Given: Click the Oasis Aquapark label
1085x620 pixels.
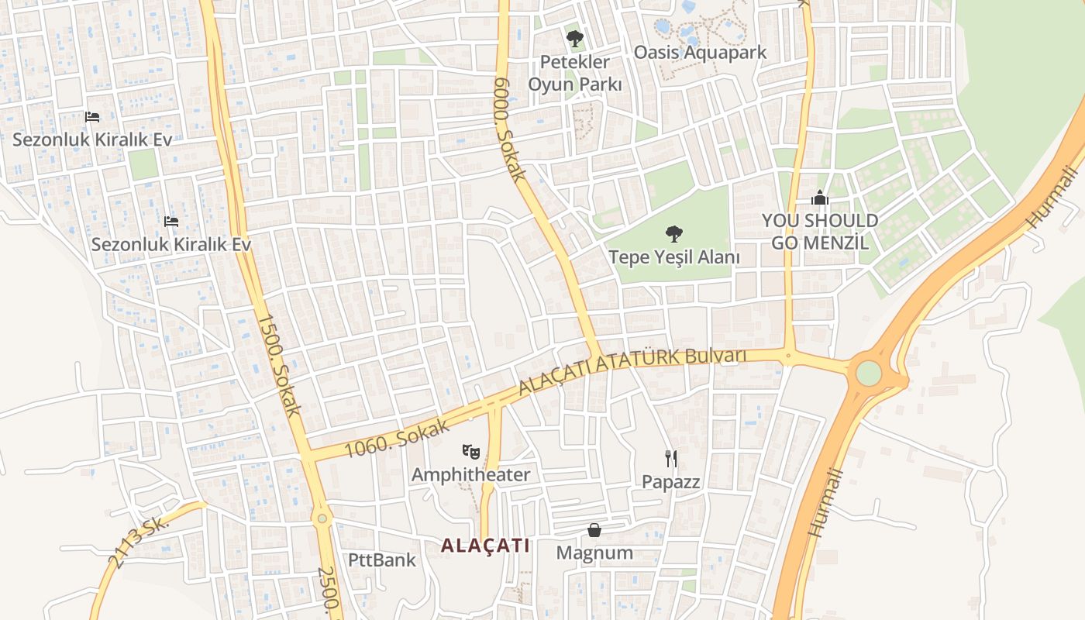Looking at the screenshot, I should [700, 52].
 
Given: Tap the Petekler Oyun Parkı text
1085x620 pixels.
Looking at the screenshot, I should [575, 73].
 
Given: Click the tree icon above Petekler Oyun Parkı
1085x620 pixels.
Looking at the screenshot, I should [574, 38].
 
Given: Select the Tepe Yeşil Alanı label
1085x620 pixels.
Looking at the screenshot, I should [673, 257].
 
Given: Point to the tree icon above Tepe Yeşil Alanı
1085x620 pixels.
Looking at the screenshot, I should [673, 232].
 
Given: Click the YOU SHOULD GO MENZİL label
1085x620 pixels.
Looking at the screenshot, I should [820, 231].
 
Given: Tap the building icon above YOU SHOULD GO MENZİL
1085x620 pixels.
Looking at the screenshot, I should [820, 198].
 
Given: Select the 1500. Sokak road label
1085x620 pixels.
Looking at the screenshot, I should [278, 365].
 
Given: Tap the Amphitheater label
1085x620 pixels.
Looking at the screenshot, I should [470, 474].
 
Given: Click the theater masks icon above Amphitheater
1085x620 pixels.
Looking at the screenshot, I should [470, 450].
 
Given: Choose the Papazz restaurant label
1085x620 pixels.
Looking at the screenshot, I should [670, 481].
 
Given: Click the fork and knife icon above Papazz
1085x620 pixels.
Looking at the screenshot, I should [671, 458].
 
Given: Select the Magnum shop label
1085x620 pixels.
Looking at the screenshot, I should [594, 553].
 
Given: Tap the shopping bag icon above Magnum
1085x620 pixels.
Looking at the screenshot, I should [594, 530].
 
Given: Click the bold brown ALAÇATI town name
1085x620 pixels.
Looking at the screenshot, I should [485, 546].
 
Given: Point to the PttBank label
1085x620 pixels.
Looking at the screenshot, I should [381, 560].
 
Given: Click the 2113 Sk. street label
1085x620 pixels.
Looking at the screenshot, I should [140, 542].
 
